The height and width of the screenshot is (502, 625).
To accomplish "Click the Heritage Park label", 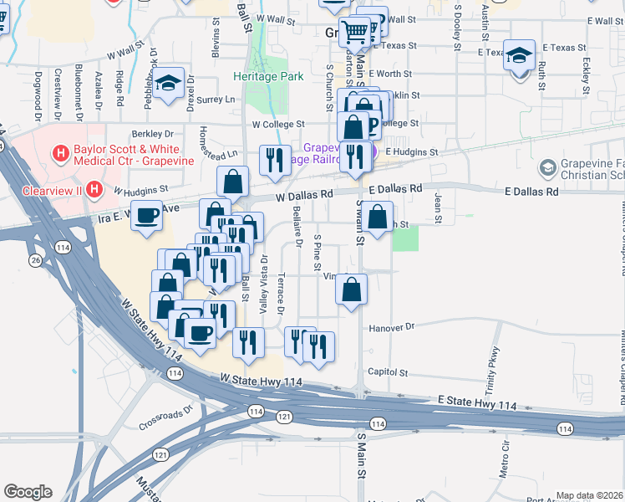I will point(268,76).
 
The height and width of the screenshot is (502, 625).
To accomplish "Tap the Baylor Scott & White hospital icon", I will point(60,153).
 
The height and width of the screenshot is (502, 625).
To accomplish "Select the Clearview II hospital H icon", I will point(94,189).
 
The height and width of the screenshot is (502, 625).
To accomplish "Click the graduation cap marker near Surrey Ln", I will point(169,83).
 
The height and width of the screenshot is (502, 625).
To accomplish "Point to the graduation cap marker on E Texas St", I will point(519,56).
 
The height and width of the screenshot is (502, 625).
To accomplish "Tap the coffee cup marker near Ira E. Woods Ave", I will point(148,216).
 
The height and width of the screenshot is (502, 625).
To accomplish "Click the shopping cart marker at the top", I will point(357,32).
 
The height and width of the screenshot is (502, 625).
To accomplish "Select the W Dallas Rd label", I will point(305,194).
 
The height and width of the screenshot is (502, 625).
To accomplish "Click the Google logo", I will point(28,491).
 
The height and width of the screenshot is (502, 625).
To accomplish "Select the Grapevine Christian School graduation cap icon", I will point(547,169).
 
